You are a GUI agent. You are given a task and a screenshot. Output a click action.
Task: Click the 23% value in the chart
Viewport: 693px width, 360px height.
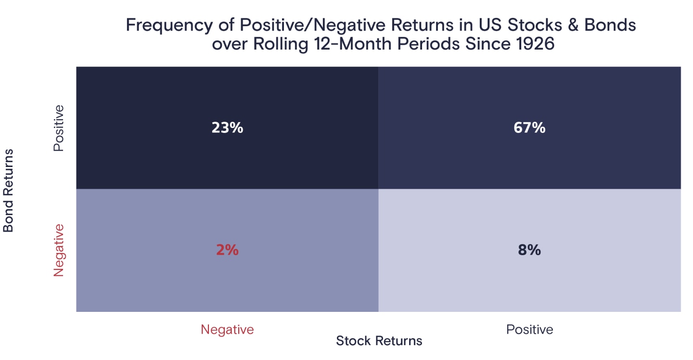(227, 128)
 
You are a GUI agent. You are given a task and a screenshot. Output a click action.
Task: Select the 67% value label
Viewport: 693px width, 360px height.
(529, 128)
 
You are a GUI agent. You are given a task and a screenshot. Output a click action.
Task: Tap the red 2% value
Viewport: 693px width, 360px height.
(227, 251)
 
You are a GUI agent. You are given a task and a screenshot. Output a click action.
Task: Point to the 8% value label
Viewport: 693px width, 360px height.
(529, 251)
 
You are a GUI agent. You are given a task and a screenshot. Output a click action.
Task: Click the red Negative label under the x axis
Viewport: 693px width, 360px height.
(227, 330)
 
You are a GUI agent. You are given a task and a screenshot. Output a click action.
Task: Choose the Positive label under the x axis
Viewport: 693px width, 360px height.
(529, 330)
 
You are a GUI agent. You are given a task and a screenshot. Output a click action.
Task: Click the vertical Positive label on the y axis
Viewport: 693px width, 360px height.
(59, 128)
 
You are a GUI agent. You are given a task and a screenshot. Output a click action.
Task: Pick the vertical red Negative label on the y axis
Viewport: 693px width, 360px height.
(59, 250)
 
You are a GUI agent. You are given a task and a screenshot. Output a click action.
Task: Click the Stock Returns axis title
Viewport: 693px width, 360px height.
(379, 341)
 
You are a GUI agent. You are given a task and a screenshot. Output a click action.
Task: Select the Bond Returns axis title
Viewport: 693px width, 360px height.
(9, 191)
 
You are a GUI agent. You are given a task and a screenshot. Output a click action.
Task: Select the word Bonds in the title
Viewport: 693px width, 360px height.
(610, 25)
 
